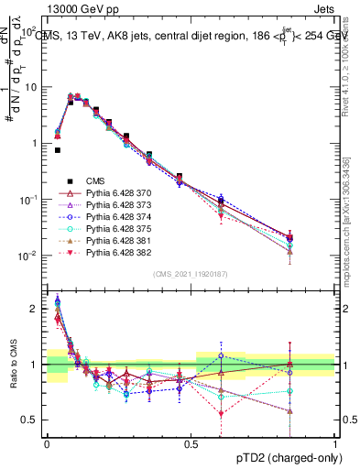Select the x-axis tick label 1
(x=335, y=443)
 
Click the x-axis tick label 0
(x=47, y=443)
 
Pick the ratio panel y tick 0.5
(x=31, y=420)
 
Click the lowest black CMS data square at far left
(x=57, y=150)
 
